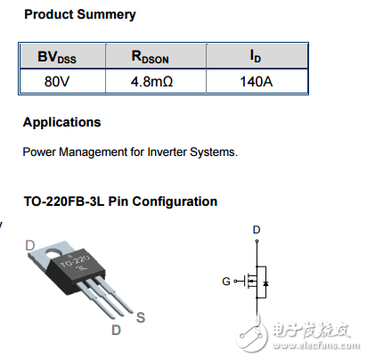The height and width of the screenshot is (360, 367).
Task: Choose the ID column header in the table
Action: [x=256, y=57]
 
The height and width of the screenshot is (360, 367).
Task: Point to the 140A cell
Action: [x=256, y=81]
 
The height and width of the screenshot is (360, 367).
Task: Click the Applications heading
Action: [x=61, y=123]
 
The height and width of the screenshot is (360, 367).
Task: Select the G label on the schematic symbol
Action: [x=226, y=282]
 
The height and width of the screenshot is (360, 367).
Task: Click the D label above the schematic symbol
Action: [x=257, y=230]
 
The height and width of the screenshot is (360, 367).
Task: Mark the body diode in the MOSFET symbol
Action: [x=267, y=283]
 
